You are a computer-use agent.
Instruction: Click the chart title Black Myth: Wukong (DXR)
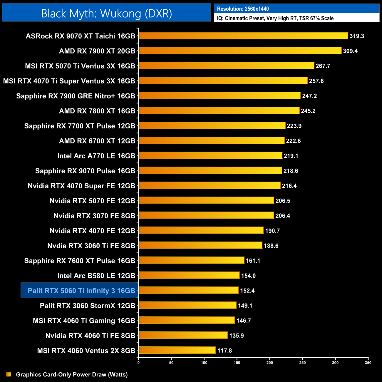106,14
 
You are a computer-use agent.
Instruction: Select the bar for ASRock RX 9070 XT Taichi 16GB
243,36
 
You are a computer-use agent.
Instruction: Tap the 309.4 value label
350,51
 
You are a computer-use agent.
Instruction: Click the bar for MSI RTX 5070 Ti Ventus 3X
226,66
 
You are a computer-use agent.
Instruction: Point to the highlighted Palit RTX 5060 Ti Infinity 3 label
81,291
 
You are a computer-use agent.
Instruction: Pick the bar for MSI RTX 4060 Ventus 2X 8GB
177,350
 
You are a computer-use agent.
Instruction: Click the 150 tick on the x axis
237,363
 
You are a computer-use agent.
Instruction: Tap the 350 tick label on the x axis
368,363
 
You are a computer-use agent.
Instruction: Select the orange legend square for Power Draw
9,374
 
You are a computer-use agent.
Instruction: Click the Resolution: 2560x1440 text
243,9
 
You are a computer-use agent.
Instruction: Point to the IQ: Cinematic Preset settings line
275,18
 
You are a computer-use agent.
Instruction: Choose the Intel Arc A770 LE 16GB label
96,156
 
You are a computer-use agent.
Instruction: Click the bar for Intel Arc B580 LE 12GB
189,276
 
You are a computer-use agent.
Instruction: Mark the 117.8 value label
224,351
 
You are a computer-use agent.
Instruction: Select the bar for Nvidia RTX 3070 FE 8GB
206,216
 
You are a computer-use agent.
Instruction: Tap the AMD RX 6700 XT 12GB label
97,141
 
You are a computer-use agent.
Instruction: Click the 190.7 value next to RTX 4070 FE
272,231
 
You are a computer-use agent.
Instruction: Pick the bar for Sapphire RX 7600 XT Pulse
191,261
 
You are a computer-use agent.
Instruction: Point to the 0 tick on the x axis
138,363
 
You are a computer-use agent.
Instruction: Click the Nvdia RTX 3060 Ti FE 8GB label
91,246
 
